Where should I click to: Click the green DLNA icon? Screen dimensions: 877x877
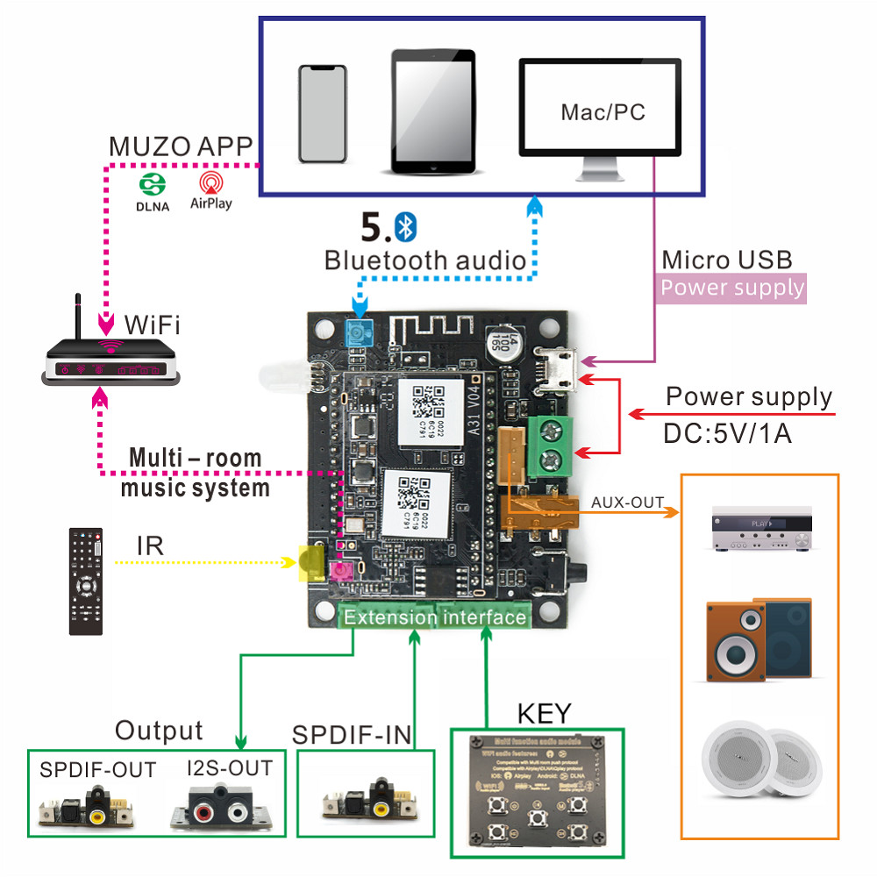pyautogui.click(x=153, y=185)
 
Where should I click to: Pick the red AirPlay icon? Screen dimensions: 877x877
pyautogui.click(x=210, y=182)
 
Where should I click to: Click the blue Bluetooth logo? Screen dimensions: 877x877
pyautogui.click(x=404, y=227)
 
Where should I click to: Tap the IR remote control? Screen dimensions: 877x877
pyautogui.click(x=86, y=581)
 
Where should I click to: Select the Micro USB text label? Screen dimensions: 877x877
pyautogui.click(x=726, y=260)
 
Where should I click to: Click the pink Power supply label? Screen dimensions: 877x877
pyautogui.click(x=731, y=288)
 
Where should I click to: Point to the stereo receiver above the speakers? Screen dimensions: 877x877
pyautogui.click(x=759, y=529)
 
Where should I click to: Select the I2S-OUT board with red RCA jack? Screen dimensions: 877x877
pyautogui.click(x=222, y=806)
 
